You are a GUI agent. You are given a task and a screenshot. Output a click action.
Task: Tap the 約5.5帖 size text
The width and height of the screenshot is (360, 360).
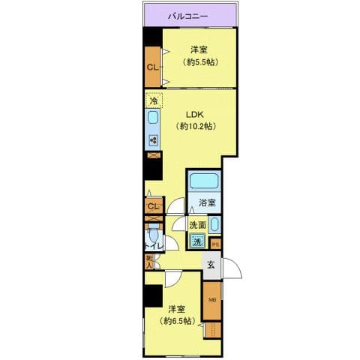coord(196,63)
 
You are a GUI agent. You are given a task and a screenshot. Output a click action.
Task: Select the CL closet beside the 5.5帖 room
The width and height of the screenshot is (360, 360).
coord(152,67)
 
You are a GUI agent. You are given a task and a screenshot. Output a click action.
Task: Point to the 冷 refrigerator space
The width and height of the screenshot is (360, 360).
coord(153,100)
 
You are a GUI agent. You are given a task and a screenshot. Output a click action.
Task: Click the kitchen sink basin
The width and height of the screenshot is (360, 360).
coord(153,120)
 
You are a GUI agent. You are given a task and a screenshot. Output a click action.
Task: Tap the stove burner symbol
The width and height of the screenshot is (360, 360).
coord(153,140)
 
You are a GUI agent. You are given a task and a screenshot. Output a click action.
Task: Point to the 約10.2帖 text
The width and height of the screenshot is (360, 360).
coord(196,127)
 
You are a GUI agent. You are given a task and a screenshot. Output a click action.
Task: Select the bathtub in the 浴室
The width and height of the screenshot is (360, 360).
coord(204,181)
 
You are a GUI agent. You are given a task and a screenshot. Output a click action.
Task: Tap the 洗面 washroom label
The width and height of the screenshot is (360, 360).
coord(197,224)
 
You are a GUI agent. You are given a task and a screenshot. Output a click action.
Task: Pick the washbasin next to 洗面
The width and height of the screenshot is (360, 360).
coord(214,224)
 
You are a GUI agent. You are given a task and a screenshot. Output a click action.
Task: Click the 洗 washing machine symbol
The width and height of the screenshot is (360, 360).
coord(196,241)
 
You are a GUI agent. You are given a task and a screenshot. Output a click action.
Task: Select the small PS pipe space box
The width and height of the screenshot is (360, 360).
coord(214,242)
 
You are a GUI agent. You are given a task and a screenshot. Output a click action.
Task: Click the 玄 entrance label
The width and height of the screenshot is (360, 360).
coord(211,264)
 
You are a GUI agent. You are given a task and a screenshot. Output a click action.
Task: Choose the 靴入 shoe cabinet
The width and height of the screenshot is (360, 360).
coord(150,261)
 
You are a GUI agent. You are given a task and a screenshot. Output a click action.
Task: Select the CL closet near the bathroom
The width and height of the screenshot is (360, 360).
coord(153,206)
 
